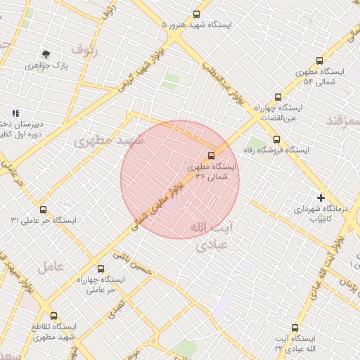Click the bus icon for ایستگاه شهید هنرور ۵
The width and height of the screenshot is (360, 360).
coord(197,13)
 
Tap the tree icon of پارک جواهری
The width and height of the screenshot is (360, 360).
coord(46,53)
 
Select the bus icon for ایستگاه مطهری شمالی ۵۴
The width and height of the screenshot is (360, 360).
coord(319,61)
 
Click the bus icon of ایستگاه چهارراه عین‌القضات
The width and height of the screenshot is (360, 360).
coord(278,97)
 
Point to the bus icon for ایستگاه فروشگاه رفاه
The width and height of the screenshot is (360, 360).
coord(276,139)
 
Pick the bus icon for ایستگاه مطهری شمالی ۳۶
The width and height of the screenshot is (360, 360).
coord(212,155)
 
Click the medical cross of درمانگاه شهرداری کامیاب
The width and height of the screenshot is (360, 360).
coord(321,198)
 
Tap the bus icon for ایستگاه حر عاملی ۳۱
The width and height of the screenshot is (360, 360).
coord(44,210)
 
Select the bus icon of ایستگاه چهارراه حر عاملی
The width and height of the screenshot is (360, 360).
coord(101,269)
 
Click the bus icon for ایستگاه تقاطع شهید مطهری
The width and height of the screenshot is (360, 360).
coord(54,316)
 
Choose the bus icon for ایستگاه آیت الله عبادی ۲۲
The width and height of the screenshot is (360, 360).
coord(295,327)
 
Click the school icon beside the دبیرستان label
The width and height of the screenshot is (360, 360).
coord(15,113)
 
